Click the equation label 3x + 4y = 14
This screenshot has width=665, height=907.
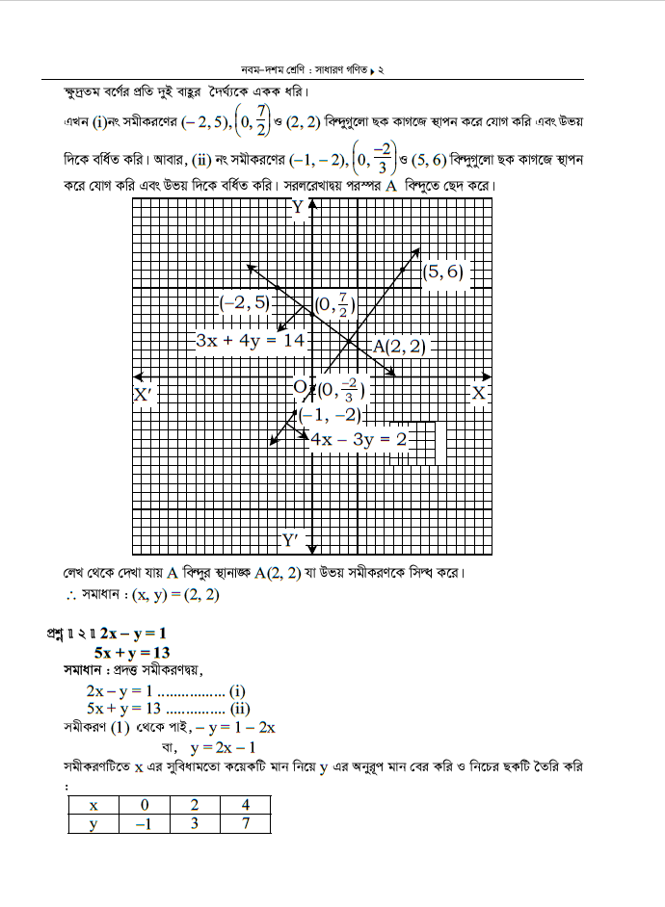(x=249, y=340)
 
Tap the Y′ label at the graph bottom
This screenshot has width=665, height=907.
(x=289, y=538)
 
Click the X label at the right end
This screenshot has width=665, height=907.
(x=478, y=393)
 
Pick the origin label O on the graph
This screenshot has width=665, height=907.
(x=299, y=386)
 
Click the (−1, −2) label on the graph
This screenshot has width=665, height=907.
(x=330, y=415)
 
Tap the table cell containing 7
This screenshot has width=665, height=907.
(x=244, y=824)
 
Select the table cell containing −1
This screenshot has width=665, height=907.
(x=144, y=824)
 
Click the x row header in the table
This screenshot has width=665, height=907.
(x=93, y=805)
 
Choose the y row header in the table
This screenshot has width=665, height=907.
(x=93, y=824)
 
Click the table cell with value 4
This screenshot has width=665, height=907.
(x=244, y=805)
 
